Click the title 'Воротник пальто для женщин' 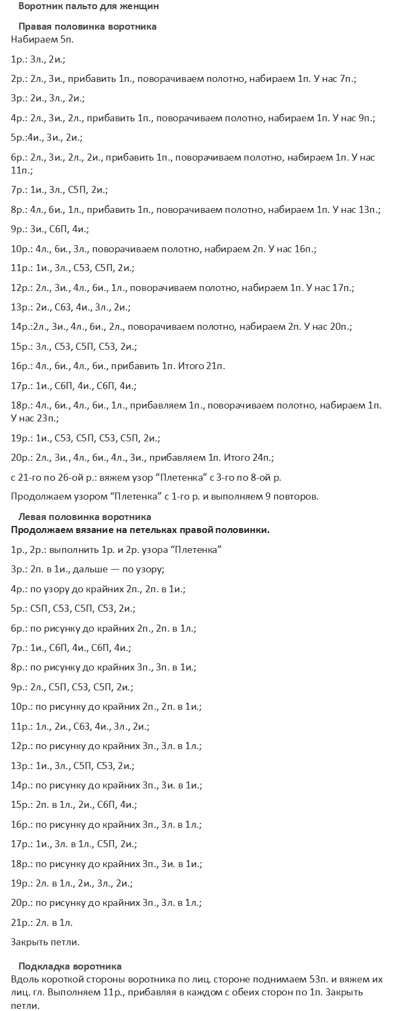(88, 6)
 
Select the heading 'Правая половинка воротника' (87, 26)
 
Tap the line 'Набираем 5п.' (42, 39)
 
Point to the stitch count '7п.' (347, 79)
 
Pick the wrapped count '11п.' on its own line (21, 170)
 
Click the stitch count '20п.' (340, 327)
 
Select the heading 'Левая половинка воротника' (85, 517)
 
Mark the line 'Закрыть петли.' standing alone (45, 942)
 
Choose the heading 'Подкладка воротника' (70, 966)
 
